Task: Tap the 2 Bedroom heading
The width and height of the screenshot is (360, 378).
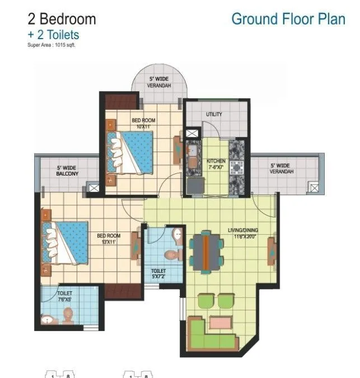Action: tap(62, 19)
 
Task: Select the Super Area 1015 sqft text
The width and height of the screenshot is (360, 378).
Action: tap(51, 45)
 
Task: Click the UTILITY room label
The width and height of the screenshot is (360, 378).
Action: tap(214, 114)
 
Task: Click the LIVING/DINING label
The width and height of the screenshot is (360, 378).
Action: tap(244, 233)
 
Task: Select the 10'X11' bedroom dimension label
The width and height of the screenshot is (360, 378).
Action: tap(143, 127)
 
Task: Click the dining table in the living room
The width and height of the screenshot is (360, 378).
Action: tap(205, 251)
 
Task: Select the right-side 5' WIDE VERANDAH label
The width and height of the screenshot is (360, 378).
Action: tap(280, 168)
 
